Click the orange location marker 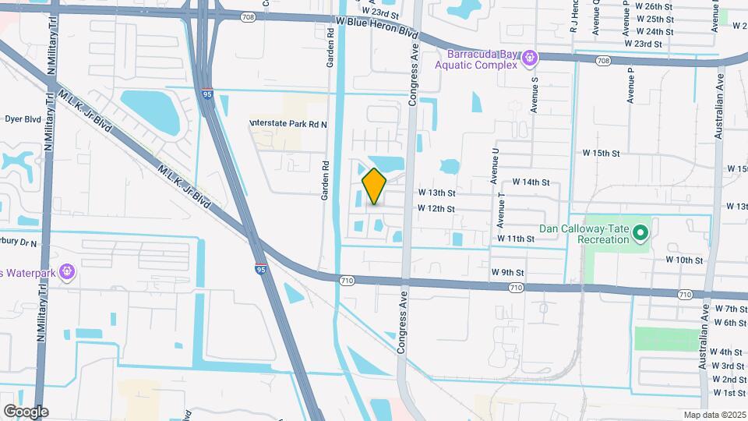click(375, 186)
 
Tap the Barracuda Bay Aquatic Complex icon click(530, 57)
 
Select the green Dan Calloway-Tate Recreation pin click(640, 232)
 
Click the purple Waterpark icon click(67, 271)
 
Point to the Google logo click(26, 411)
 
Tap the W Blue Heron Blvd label click(376, 27)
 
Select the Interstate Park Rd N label click(289, 124)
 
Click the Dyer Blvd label click(23, 119)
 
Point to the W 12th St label click(436, 208)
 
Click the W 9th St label click(508, 272)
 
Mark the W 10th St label click(684, 260)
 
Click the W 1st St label click(729, 392)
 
